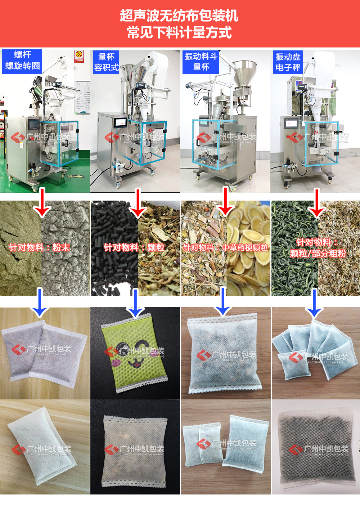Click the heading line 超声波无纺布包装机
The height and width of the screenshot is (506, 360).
179,16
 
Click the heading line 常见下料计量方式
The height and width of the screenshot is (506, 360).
179,32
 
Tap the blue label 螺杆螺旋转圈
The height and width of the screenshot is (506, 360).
22,61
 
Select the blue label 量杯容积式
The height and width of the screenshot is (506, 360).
106,62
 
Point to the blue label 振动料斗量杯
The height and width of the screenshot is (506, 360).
201,62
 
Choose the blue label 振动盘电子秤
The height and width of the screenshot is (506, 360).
288,62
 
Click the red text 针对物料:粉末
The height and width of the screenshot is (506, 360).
40,247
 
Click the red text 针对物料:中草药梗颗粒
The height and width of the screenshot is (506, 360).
225,247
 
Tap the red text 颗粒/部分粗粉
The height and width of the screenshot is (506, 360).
318,254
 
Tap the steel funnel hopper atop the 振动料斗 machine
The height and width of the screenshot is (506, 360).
244,74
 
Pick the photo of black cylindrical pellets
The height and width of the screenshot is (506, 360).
113,248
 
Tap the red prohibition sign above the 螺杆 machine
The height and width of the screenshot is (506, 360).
78,56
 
